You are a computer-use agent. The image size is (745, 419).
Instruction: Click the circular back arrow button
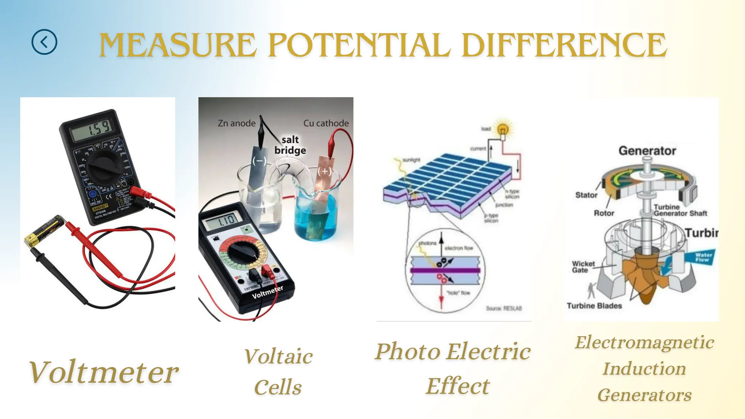(x=44, y=42)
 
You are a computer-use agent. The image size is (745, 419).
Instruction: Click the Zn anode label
(x=236, y=123)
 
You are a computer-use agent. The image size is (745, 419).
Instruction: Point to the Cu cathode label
(x=326, y=123)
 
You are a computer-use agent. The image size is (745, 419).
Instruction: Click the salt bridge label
(x=290, y=145)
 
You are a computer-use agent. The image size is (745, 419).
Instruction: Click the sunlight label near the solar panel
(x=411, y=160)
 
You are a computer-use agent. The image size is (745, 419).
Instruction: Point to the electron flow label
(x=459, y=248)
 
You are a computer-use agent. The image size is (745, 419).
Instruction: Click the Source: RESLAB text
(x=504, y=308)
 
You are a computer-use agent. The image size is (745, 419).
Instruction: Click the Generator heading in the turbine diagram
(x=647, y=151)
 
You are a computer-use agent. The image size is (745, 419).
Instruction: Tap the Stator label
(x=586, y=195)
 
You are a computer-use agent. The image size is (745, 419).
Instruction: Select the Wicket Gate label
(x=583, y=267)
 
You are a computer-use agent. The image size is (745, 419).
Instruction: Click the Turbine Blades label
(x=594, y=306)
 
